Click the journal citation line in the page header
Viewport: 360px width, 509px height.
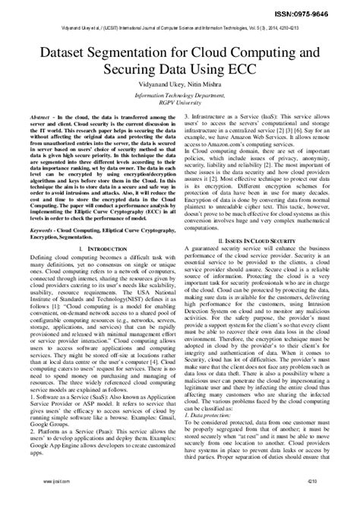pyautogui.click(x=180, y=22)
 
